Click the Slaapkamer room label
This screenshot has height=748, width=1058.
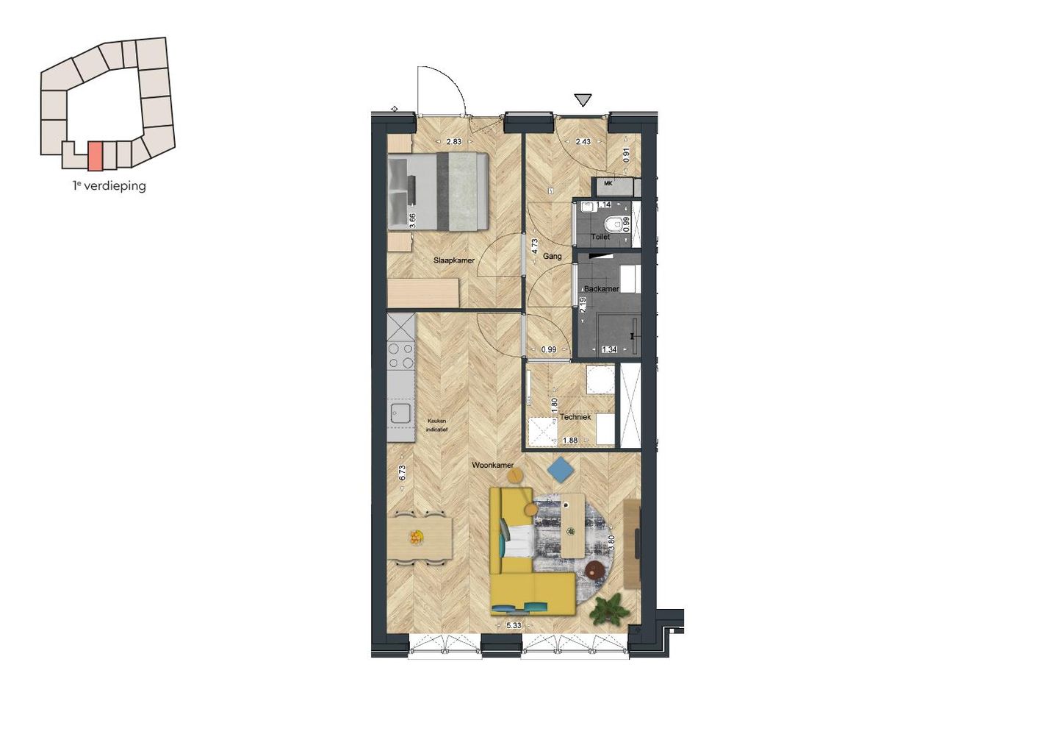(453, 260)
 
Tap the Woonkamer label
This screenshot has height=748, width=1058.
(492, 466)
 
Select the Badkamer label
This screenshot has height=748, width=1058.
(601, 289)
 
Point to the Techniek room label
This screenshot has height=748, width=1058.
(575, 417)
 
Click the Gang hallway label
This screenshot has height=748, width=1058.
(553, 257)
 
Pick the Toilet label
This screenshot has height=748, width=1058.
(600, 237)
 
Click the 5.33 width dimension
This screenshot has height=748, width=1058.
(514, 626)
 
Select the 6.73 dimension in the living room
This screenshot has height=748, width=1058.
(402, 473)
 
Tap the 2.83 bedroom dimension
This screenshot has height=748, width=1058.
(454, 142)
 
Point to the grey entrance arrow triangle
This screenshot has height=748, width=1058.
(583, 100)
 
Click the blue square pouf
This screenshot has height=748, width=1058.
(561, 469)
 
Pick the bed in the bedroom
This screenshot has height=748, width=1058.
(439, 191)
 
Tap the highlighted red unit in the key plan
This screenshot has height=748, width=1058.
(95, 156)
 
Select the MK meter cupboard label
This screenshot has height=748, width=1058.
(608, 183)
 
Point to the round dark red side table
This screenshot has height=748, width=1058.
(594, 569)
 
